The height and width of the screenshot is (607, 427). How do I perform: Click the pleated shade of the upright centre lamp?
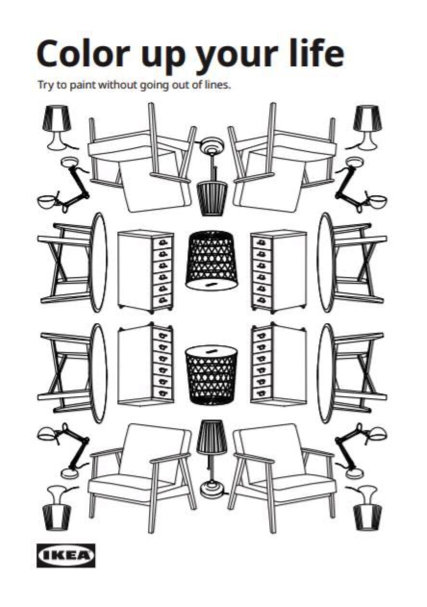click(211, 436)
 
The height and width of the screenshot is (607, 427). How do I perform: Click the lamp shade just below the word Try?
click(56, 118)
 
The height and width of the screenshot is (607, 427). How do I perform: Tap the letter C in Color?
click(48, 54)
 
